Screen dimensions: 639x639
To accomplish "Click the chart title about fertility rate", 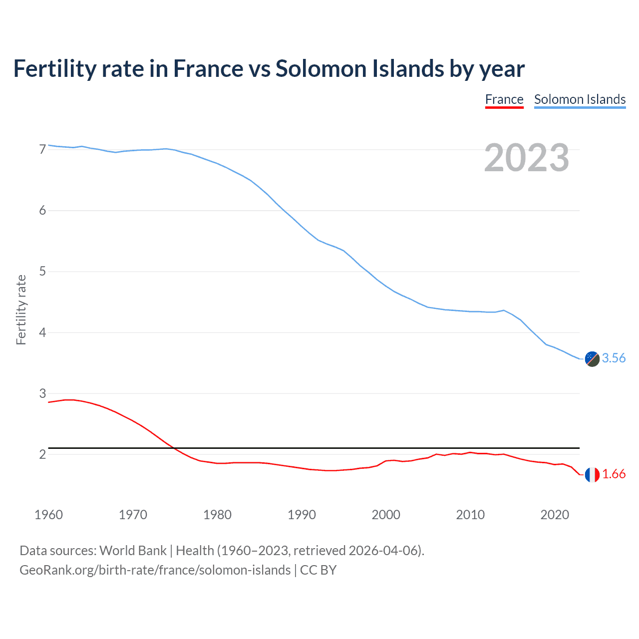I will point(269,69).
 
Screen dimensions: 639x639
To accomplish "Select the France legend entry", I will point(504,99).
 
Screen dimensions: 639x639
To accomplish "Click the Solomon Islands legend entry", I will point(580,99).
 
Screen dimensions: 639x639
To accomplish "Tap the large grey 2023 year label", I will point(527,158).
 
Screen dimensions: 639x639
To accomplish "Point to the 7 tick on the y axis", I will point(42,149).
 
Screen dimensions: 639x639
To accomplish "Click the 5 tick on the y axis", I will point(42,272).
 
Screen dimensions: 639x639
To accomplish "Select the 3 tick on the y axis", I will point(42,393).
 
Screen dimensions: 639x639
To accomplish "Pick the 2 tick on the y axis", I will point(42,454).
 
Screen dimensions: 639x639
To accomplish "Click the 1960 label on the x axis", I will point(48,515).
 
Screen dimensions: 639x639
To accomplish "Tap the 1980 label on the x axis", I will point(217,515).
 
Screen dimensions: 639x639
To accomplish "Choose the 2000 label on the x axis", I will point(386,515).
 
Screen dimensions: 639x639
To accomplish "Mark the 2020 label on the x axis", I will point(555,515).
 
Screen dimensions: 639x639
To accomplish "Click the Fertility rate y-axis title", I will point(21,310).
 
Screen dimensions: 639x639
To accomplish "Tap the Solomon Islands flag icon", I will point(592,359).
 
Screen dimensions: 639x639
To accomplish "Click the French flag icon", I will point(592,475).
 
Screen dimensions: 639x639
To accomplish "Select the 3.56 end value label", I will point(614,358).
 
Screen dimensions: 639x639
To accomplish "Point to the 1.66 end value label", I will point(614,474).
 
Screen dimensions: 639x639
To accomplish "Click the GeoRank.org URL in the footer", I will point(155,570).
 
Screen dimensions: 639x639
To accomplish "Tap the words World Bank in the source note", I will point(133,551).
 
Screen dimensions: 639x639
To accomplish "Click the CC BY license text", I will point(318,570).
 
